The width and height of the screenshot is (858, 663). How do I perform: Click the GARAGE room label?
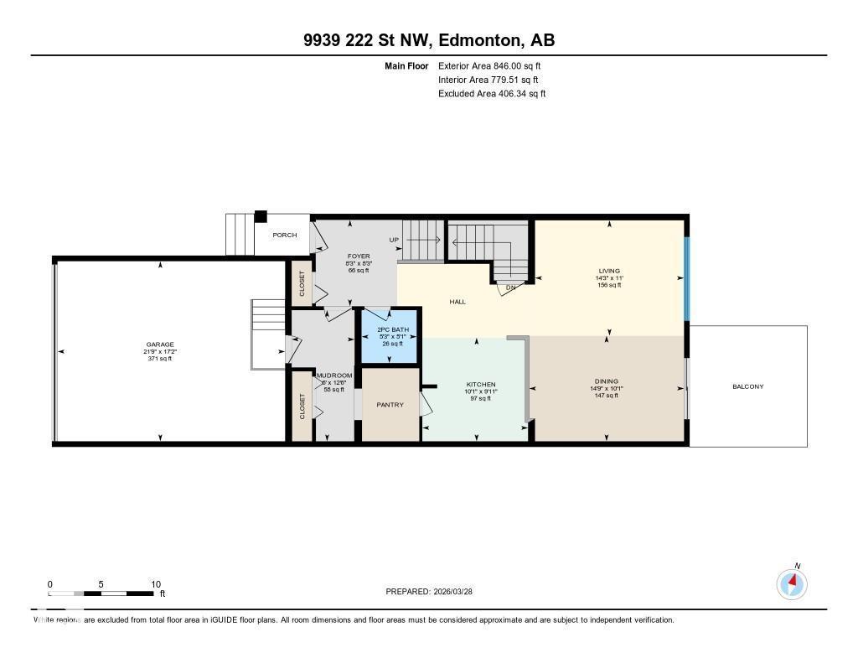[159, 344]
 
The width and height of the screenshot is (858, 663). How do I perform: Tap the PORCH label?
[284, 235]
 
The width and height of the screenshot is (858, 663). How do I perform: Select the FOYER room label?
[359, 256]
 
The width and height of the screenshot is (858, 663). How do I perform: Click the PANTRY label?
[390, 405]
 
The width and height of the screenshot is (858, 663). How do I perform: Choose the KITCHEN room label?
[480, 385]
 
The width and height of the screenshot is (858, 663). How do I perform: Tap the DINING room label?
[608, 381]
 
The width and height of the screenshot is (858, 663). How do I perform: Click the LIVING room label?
[608, 271]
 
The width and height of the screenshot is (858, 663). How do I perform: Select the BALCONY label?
[747, 386]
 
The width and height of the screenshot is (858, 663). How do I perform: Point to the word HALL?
[457, 302]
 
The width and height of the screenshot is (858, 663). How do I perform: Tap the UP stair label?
[394, 240]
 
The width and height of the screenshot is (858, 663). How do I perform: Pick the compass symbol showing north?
[792, 583]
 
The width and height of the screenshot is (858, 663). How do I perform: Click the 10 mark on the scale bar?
[155, 584]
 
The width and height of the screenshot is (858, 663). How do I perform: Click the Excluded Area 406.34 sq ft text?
[492, 94]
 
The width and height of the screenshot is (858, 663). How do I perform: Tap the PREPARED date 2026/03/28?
[435, 591]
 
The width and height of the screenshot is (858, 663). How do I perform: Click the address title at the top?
[429, 40]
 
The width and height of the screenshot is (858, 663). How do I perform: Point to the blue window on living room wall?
[686, 279]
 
